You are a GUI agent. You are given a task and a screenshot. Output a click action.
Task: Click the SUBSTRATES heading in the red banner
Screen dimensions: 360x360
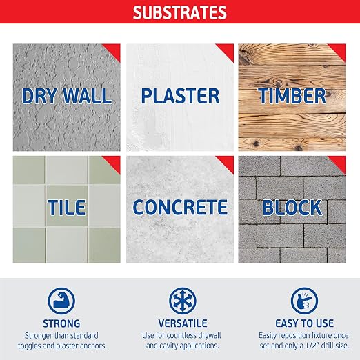point(180,12)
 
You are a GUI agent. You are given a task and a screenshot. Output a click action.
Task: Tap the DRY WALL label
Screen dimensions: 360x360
point(67,96)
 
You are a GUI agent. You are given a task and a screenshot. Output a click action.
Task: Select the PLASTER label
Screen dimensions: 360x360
point(180,96)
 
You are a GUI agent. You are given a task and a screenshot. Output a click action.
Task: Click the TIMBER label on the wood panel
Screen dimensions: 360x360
point(292,96)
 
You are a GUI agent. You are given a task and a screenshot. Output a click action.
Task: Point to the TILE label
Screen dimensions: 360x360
point(67,208)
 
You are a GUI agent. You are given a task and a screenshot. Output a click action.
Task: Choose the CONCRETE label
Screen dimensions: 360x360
point(180,208)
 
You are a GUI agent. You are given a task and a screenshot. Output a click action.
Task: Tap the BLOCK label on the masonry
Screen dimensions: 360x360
point(292,208)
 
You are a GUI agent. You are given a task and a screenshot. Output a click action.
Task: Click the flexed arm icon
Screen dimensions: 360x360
point(61,301)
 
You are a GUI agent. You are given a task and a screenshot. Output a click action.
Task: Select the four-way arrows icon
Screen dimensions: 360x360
point(183,301)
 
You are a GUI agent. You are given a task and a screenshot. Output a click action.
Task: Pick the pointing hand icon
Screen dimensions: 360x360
point(304,301)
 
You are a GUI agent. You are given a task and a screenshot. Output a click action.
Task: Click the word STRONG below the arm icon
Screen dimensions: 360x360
point(61,323)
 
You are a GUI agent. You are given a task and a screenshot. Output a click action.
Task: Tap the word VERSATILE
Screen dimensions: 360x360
point(183,323)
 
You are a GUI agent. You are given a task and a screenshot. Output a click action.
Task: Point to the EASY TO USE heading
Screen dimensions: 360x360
point(304,323)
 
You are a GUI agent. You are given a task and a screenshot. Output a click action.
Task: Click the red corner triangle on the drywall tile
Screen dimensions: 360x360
point(114,50)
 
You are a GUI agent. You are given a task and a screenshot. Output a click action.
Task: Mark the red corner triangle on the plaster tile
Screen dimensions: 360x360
point(228,50)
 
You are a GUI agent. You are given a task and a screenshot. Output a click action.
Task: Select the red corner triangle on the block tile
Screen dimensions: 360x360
point(339,162)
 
